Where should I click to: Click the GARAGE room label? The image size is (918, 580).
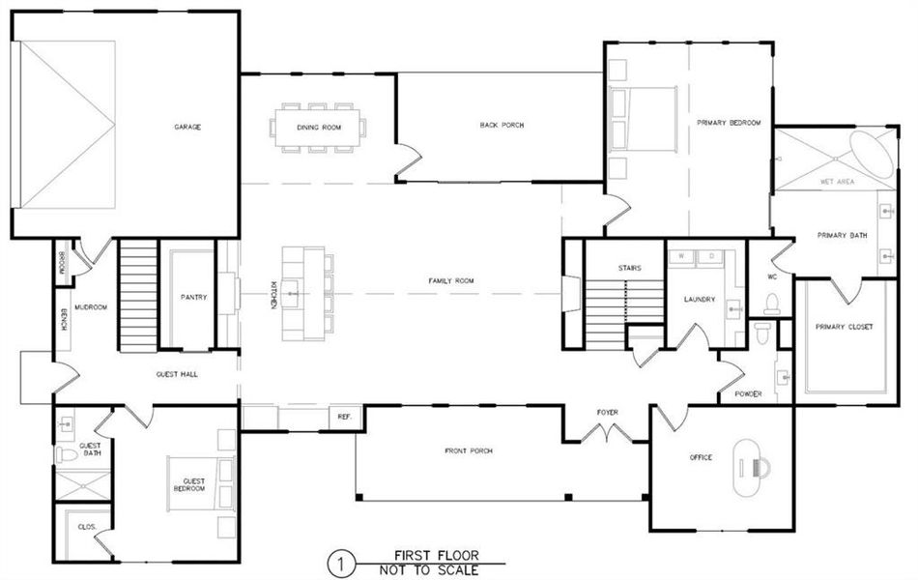(x=187, y=127)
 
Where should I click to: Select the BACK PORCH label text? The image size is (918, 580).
(x=502, y=125)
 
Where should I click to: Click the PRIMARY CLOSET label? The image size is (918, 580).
(x=844, y=327)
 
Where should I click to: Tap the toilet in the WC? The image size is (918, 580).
(x=772, y=304)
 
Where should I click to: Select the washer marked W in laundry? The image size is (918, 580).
(x=683, y=256)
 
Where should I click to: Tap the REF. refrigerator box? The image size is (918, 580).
(x=344, y=417)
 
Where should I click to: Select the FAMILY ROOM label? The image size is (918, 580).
(x=451, y=281)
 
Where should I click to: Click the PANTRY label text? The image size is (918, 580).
(x=193, y=298)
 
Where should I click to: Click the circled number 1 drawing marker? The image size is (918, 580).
(x=338, y=562)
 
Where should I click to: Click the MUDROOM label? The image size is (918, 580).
(x=90, y=306)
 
